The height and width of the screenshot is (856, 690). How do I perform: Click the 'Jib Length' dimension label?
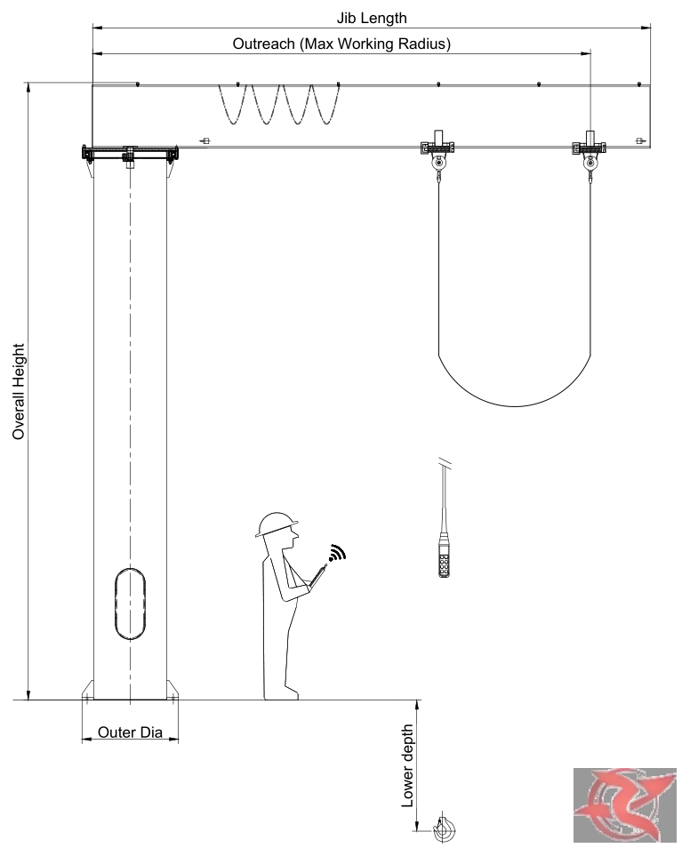[x=371, y=18]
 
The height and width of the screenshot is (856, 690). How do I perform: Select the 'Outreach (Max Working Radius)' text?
[x=341, y=44]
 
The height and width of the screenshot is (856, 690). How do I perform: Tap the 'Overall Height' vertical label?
[x=19, y=391]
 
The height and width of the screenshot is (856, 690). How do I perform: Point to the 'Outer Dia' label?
[x=130, y=732]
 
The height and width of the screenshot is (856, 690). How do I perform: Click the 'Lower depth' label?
[x=408, y=766]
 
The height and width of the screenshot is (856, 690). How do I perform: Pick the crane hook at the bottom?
[x=444, y=828]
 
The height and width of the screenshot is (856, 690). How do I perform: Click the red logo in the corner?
[x=624, y=804]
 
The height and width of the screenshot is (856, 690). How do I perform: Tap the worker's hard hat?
[x=277, y=524]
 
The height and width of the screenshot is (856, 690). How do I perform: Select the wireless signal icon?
[x=338, y=553]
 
